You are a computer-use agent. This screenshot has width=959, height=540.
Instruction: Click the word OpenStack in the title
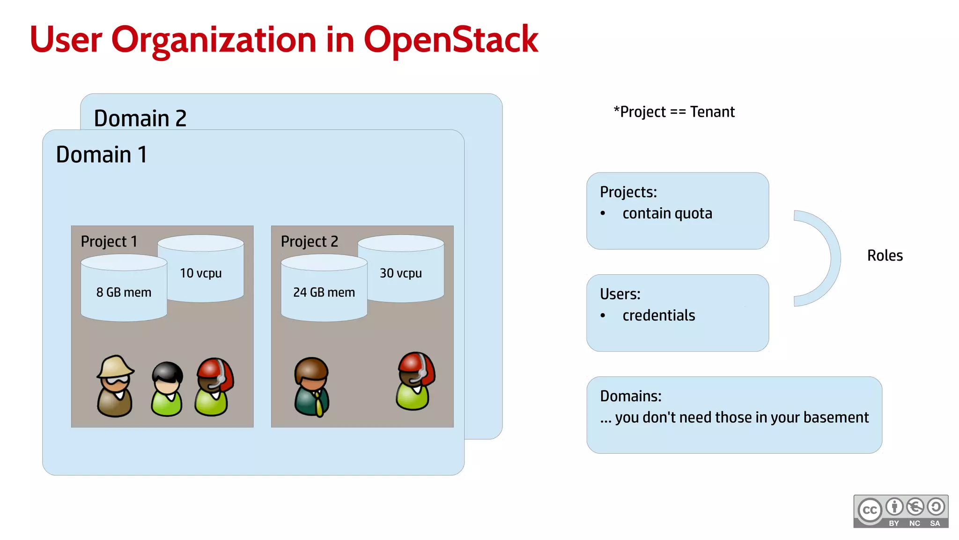450,40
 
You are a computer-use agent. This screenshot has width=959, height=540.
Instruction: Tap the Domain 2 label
140,118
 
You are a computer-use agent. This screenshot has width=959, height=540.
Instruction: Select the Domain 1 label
102,155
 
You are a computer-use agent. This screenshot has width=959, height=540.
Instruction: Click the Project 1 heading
109,241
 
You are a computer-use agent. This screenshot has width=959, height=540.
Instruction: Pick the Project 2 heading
310,241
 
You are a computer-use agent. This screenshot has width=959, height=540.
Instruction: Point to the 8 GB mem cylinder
124,292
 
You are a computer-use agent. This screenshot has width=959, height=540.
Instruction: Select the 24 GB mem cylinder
324,292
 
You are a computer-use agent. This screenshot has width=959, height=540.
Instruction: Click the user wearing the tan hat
115,386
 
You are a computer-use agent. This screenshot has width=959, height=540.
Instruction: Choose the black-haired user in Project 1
167,389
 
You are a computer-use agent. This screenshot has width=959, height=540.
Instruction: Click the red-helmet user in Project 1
214,387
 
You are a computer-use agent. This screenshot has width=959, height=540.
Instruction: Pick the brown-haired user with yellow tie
312,387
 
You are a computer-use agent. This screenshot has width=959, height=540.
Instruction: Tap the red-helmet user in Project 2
415,381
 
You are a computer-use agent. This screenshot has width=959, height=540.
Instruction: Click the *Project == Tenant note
674,112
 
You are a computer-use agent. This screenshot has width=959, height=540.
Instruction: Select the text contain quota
667,214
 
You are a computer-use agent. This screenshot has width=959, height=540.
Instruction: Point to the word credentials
658,315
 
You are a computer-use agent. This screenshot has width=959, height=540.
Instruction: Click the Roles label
885,255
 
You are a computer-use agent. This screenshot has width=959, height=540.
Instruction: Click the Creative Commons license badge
900,511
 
